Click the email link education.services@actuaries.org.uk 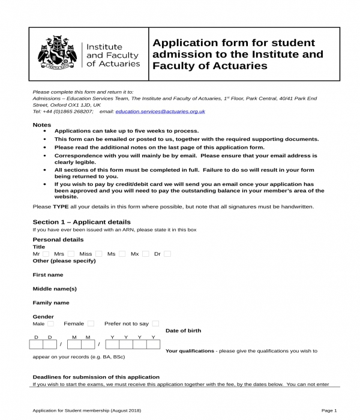click(160, 111)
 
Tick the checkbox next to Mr click(46, 254)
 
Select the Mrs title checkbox click(71, 254)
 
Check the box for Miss click(98, 254)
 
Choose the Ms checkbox click(122, 254)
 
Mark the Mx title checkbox click(145, 254)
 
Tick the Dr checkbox click(167, 254)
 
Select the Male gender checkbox click(50, 323)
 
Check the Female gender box click(91, 323)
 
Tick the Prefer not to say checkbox click(155, 323)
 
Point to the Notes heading click(41, 125)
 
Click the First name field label click(47, 275)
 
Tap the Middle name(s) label click(54, 289)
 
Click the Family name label click(50, 303)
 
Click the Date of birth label click(183, 331)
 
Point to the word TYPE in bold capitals click(62, 206)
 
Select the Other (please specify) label click(64, 261)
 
